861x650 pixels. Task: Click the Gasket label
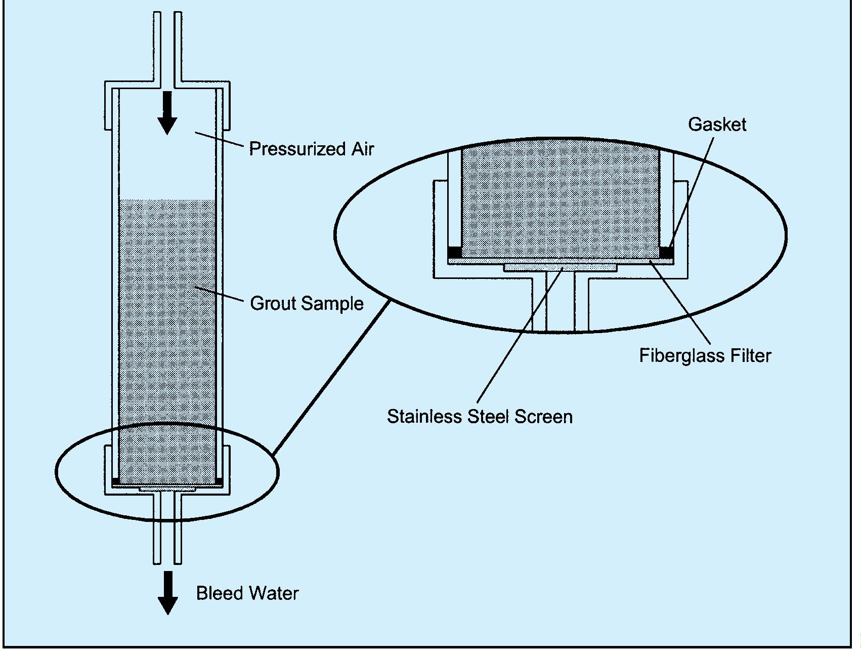[717, 125]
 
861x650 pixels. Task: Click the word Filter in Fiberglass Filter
[750, 355]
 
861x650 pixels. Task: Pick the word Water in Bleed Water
[275, 593]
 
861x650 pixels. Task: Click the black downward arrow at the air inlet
[167, 113]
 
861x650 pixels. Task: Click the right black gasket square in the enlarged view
[667, 252]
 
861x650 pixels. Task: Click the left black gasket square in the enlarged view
[455, 252]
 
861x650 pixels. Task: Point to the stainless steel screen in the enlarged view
[560, 267]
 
